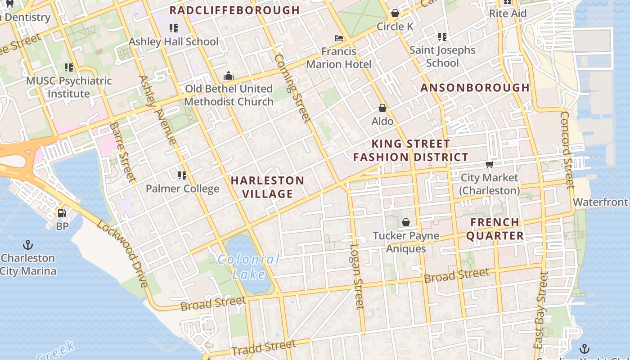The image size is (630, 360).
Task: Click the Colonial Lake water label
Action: [x=248, y=266]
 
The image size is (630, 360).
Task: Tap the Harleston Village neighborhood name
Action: [x=268, y=187]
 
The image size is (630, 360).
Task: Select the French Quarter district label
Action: [x=495, y=229]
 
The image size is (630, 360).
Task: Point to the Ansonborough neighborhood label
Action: [x=475, y=88]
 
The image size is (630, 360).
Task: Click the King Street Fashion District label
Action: [x=410, y=151]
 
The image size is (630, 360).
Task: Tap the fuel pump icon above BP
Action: [x=62, y=213]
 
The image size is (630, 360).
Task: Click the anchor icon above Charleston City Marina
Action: [x=28, y=245]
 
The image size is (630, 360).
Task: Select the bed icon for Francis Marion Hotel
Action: [x=339, y=38]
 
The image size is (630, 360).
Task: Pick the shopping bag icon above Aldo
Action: [x=382, y=108]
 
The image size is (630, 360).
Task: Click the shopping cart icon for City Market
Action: [x=489, y=164]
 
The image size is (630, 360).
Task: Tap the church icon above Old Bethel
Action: [x=229, y=76]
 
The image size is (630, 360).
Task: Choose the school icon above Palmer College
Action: [x=182, y=175]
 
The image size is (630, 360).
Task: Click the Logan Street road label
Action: [x=356, y=276]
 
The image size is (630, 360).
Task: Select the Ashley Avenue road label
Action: [x=158, y=110]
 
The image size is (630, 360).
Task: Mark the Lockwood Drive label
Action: [x=122, y=254]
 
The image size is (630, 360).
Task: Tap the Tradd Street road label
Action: [x=264, y=347]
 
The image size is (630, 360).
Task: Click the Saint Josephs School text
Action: [x=442, y=56]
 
